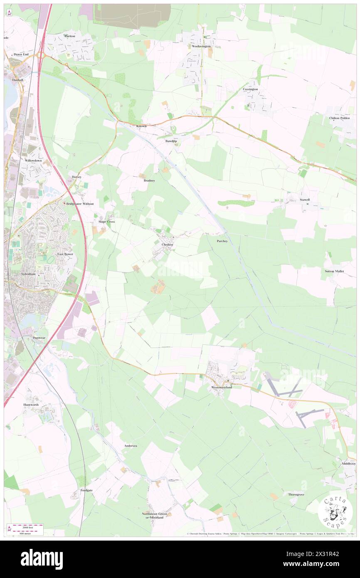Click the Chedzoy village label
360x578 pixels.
168,245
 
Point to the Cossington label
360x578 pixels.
250,89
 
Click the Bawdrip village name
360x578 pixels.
171,141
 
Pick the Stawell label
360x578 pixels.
305,200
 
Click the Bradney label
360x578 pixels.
149,180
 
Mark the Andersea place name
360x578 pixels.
131,446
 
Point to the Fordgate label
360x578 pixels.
86,491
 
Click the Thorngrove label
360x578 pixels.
296,494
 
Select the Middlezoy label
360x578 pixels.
348,463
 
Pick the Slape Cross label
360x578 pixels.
106,222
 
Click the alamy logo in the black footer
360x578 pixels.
42,559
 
